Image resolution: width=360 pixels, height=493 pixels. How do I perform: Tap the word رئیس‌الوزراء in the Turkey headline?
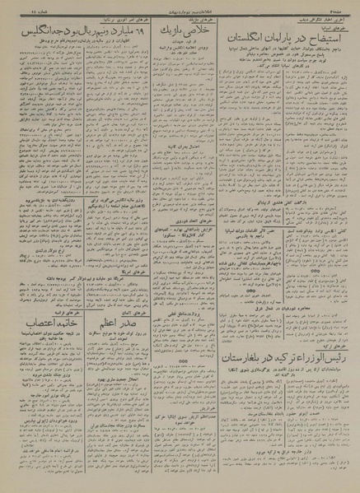click(320, 338)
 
